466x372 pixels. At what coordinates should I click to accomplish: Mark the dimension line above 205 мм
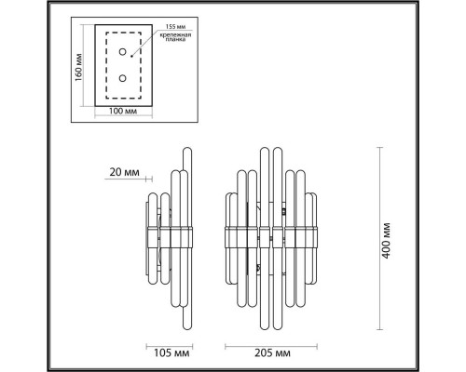coord(270,341)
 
